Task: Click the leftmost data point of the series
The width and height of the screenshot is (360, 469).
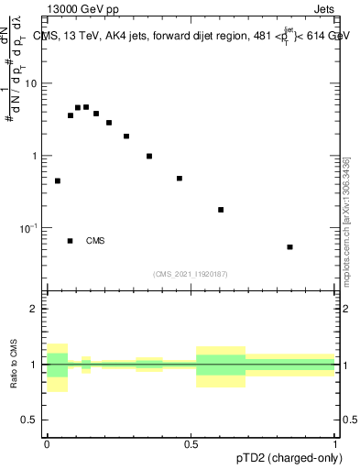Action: [x=58, y=181]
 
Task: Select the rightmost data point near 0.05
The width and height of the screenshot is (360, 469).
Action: [x=290, y=247]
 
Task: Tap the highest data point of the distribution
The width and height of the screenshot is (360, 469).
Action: [x=86, y=107]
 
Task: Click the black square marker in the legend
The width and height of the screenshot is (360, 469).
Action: [x=71, y=241]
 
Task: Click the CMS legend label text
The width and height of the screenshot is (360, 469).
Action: [x=95, y=241]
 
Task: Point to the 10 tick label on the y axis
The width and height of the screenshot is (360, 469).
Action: [x=30, y=83]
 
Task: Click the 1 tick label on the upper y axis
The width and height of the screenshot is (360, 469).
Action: [x=36, y=156]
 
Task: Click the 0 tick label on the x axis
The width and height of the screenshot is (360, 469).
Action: [x=47, y=444]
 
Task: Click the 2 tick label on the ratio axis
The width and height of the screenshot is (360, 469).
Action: [x=36, y=310]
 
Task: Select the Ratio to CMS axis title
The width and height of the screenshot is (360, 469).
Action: [x=14, y=364]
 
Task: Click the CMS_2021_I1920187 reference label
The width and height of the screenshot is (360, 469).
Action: [x=190, y=273]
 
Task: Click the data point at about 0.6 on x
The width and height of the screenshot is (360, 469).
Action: [x=221, y=210]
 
